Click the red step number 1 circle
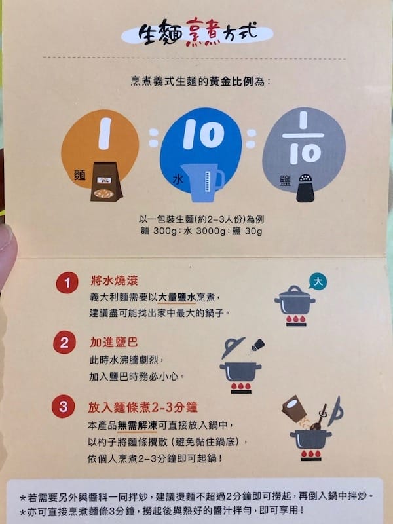67,283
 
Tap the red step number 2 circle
64,342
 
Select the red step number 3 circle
63,406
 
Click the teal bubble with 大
318,282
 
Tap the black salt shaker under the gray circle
305,188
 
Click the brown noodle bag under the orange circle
106,181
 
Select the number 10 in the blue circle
204,134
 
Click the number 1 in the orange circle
105,133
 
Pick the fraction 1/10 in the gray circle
303,138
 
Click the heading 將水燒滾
114,280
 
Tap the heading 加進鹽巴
113,342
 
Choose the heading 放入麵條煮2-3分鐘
143,407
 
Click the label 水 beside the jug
178,179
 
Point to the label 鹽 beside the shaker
286,181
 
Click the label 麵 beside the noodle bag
80,175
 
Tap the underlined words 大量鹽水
176,297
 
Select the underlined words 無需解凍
138,425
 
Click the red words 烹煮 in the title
203,31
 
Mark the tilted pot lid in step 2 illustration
233,348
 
